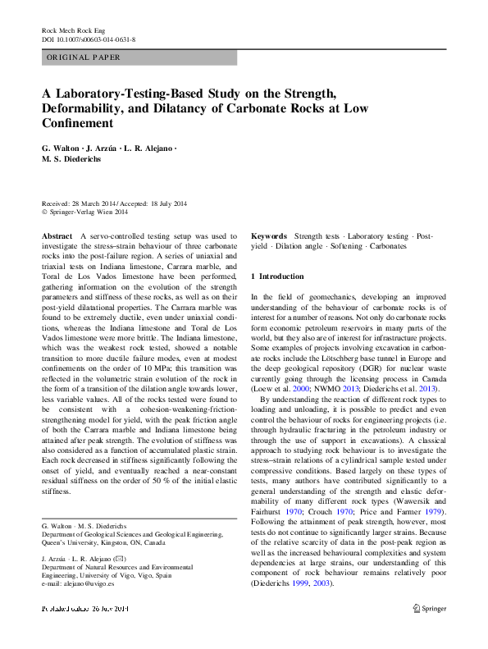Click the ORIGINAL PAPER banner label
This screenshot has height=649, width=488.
pos(84,57)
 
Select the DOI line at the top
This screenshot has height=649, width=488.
pos(89,39)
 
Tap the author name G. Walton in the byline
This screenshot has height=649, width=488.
pos(64,148)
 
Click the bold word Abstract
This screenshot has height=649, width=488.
pos(57,235)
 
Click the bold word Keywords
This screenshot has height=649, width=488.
pos(269,235)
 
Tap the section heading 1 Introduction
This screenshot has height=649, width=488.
pos(277,277)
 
